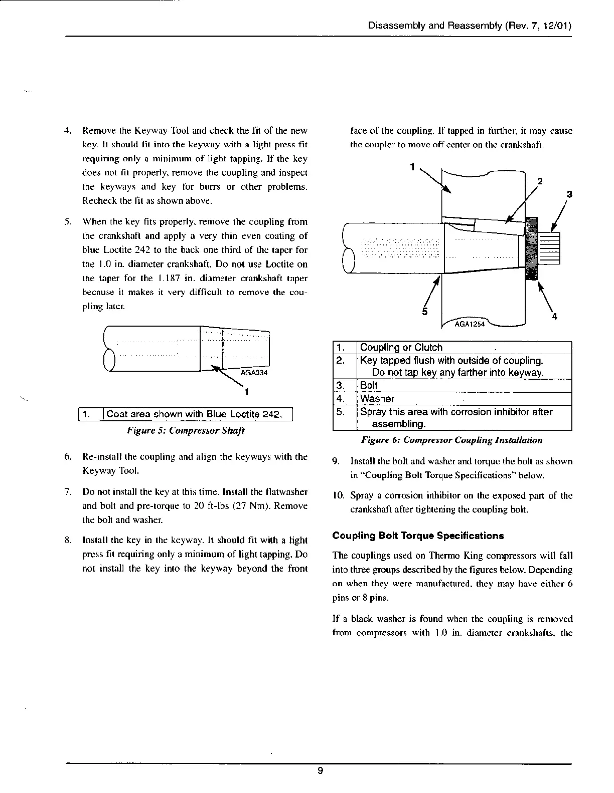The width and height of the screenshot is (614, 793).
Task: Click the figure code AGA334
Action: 253,373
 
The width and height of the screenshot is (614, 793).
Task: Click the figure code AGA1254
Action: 470,324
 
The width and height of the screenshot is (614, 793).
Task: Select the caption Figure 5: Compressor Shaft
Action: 185,430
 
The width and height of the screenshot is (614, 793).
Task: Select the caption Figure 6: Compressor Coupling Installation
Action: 451,440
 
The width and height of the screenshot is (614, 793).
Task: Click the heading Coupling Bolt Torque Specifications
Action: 418,536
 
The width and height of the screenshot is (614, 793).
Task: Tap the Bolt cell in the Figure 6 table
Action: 369,385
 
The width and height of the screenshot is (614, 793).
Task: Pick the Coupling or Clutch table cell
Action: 401,348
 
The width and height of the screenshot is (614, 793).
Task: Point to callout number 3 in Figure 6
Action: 569,194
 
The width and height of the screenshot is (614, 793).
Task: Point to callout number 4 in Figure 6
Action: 554,317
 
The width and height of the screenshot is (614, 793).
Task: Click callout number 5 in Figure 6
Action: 424,312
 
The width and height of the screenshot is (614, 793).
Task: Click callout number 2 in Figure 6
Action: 540,181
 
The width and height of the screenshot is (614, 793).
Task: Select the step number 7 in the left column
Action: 68,492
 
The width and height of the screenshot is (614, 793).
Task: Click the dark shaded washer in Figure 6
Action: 531,248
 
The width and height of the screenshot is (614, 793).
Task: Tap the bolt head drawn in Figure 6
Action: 549,249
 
